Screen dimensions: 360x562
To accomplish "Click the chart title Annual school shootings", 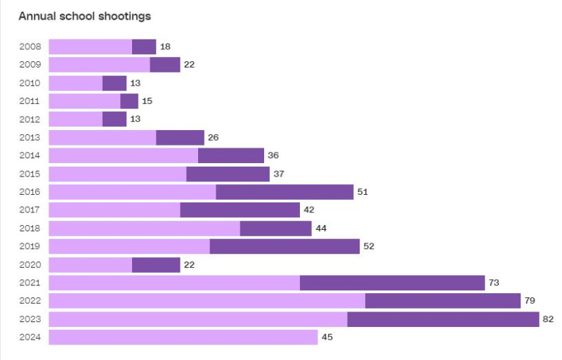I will pyautogui.click(x=84, y=15).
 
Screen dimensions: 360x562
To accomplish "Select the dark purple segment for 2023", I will pyautogui.click(x=443, y=319).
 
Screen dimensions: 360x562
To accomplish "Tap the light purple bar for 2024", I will pyautogui.click(x=183, y=337).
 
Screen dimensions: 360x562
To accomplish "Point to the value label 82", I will pyautogui.click(x=549, y=319).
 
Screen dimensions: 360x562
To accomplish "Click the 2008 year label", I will pyautogui.click(x=30, y=47).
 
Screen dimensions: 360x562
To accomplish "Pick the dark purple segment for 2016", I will pyautogui.click(x=285, y=192).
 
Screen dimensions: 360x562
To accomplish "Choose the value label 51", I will pyautogui.click(x=362, y=192).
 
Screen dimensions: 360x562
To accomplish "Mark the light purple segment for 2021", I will pyautogui.click(x=174, y=283).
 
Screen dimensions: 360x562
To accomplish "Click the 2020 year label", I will pyautogui.click(x=30, y=265).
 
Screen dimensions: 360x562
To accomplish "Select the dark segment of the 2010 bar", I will pyautogui.click(x=115, y=83).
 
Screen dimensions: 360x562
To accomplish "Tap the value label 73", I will pyautogui.click(x=494, y=283).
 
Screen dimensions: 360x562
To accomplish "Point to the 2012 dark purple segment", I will pyautogui.click(x=115, y=120).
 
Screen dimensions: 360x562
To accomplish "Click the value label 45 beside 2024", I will pyautogui.click(x=327, y=337).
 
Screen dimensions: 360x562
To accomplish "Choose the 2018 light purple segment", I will pyautogui.click(x=144, y=229).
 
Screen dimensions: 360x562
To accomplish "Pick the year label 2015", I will pyautogui.click(x=30, y=174).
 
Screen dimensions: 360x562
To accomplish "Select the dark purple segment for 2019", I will pyautogui.click(x=285, y=247).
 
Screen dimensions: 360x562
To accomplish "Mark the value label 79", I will pyautogui.click(x=530, y=301).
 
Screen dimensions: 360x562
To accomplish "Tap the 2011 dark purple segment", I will pyautogui.click(x=129, y=101).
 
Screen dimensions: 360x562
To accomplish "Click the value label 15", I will pyautogui.click(x=147, y=101).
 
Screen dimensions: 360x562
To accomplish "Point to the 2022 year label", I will pyautogui.click(x=30, y=301).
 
